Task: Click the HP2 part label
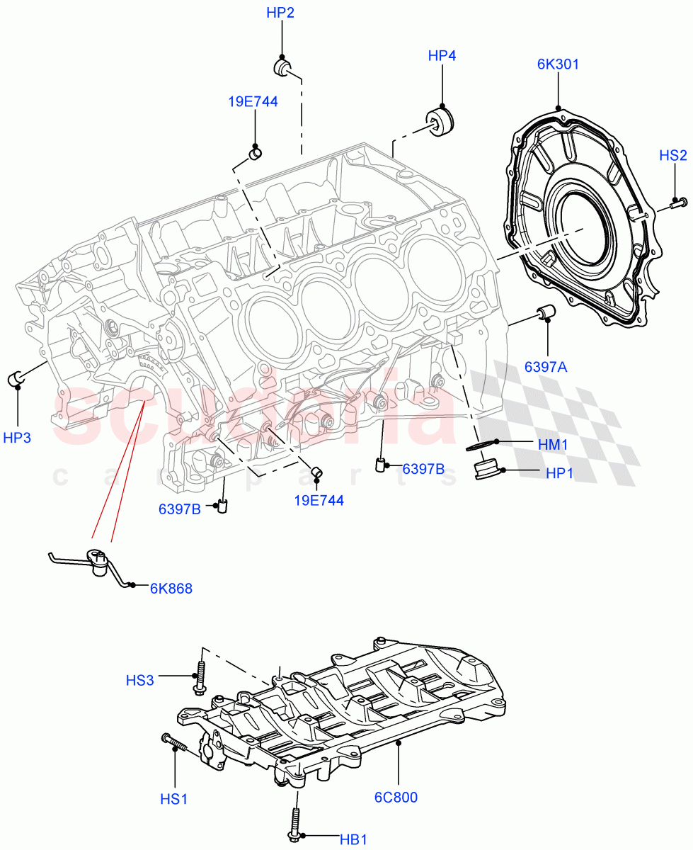click(x=280, y=13)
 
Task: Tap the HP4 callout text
click(x=442, y=55)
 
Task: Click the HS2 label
click(x=672, y=156)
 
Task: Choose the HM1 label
click(x=553, y=444)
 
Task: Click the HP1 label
click(x=559, y=473)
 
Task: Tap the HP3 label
click(x=17, y=438)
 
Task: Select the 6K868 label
click(x=171, y=588)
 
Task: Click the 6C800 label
click(x=396, y=797)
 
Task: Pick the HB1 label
click(x=354, y=839)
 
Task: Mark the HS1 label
click(x=173, y=798)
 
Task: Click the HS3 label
click(x=139, y=681)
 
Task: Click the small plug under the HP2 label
click(x=282, y=67)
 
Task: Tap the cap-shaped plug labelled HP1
click(x=486, y=470)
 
